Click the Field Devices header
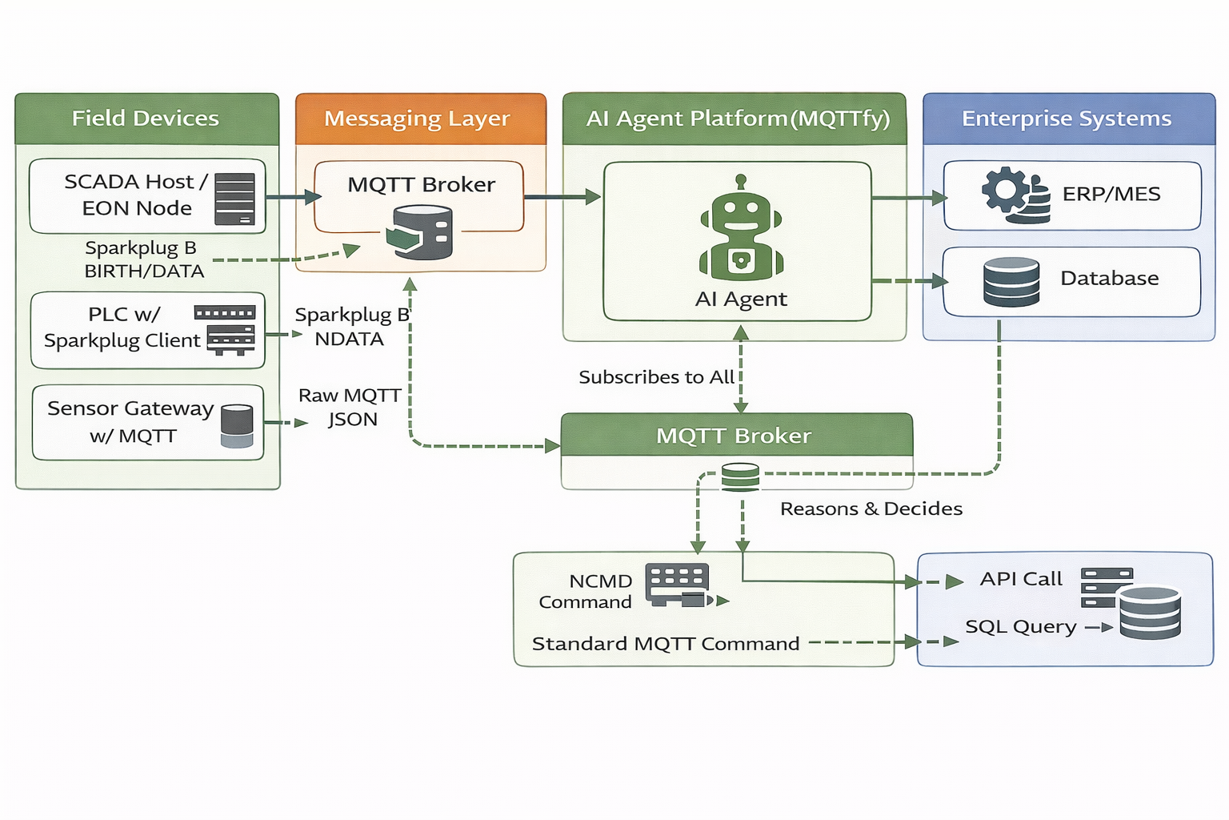coord(146,119)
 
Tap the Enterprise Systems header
coord(1068,119)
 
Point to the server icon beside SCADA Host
coord(234,199)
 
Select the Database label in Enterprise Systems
coord(1109,279)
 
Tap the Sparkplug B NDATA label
coord(351,327)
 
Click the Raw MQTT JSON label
coord(350,407)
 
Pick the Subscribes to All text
coord(656,377)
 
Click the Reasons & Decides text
coord(871,508)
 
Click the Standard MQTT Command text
coord(666,644)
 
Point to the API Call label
coord(1021,579)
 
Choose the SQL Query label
coord(1020,627)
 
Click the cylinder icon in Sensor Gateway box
coord(237,426)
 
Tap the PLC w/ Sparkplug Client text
coord(122,328)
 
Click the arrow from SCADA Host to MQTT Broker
coord(293,197)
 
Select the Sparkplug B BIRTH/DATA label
coord(143,259)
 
